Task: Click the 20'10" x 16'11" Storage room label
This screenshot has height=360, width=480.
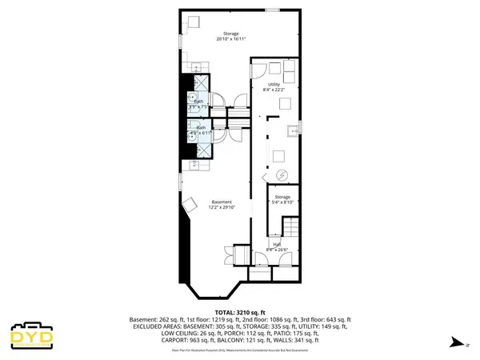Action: click(x=230, y=36)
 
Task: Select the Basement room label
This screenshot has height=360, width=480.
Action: click(x=221, y=204)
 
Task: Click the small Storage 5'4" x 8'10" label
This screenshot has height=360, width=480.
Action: click(x=282, y=198)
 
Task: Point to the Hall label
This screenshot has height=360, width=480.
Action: click(x=277, y=246)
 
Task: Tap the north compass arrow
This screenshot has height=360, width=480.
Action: click(x=455, y=342)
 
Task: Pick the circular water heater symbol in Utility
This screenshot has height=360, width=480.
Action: click(x=281, y=175)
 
